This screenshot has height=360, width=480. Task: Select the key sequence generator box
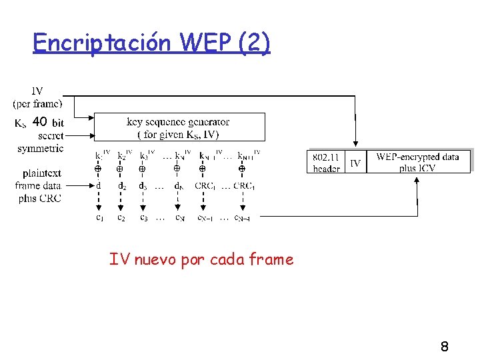tap(179, 127)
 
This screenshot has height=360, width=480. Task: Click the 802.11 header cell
tap(326, 162)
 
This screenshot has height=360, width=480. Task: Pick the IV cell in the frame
tap(355, 162)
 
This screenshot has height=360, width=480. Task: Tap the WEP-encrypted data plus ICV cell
tap(417, 162)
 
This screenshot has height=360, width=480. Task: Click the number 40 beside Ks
tap(39, 122)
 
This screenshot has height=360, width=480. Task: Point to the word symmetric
tap(41, 148)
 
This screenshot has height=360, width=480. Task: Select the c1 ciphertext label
tap(99, 217)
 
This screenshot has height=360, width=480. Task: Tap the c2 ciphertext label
tap(121, 217)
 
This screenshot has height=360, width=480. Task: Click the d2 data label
tap(121, 186)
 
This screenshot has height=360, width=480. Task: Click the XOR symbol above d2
tap(120, 169)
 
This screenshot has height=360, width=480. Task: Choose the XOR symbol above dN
tap(177, 169)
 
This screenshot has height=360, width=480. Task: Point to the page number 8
tap(444, 347)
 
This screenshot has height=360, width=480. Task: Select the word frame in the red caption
tap(271, 259)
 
